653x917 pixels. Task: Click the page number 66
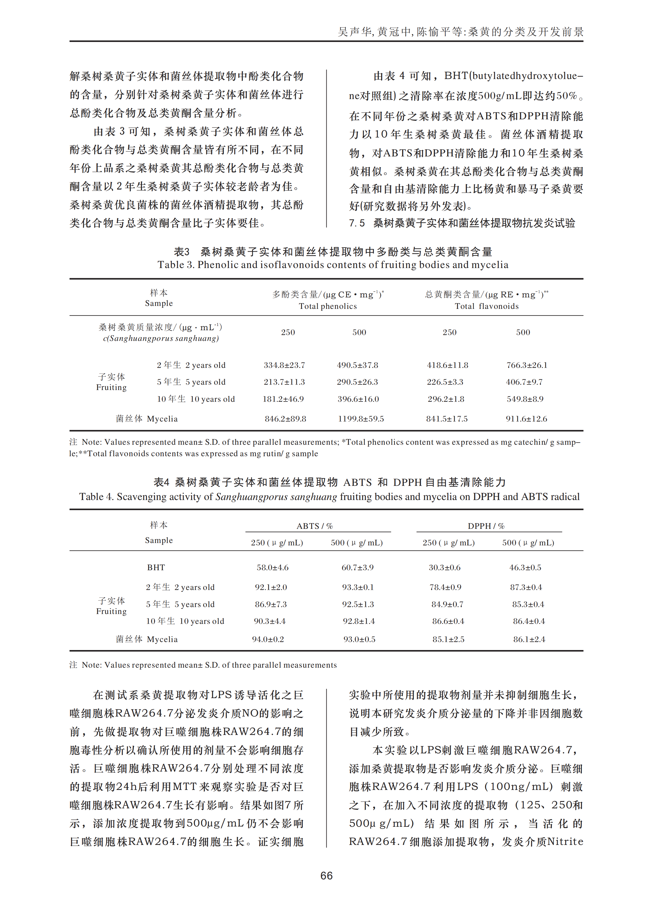tap(326, 876)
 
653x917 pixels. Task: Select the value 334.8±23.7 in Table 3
tap(284, 365)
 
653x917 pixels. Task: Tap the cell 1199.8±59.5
tap(361, 419)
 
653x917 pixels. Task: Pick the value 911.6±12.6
tap(526, 419)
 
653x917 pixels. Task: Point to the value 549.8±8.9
tap(525, 399)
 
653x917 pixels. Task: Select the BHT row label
tap(156, 567)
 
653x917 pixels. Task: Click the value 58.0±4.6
tap(273, 567)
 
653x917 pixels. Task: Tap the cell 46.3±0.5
tap(525, 567)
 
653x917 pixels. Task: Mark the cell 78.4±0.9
tap(445, 587)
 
